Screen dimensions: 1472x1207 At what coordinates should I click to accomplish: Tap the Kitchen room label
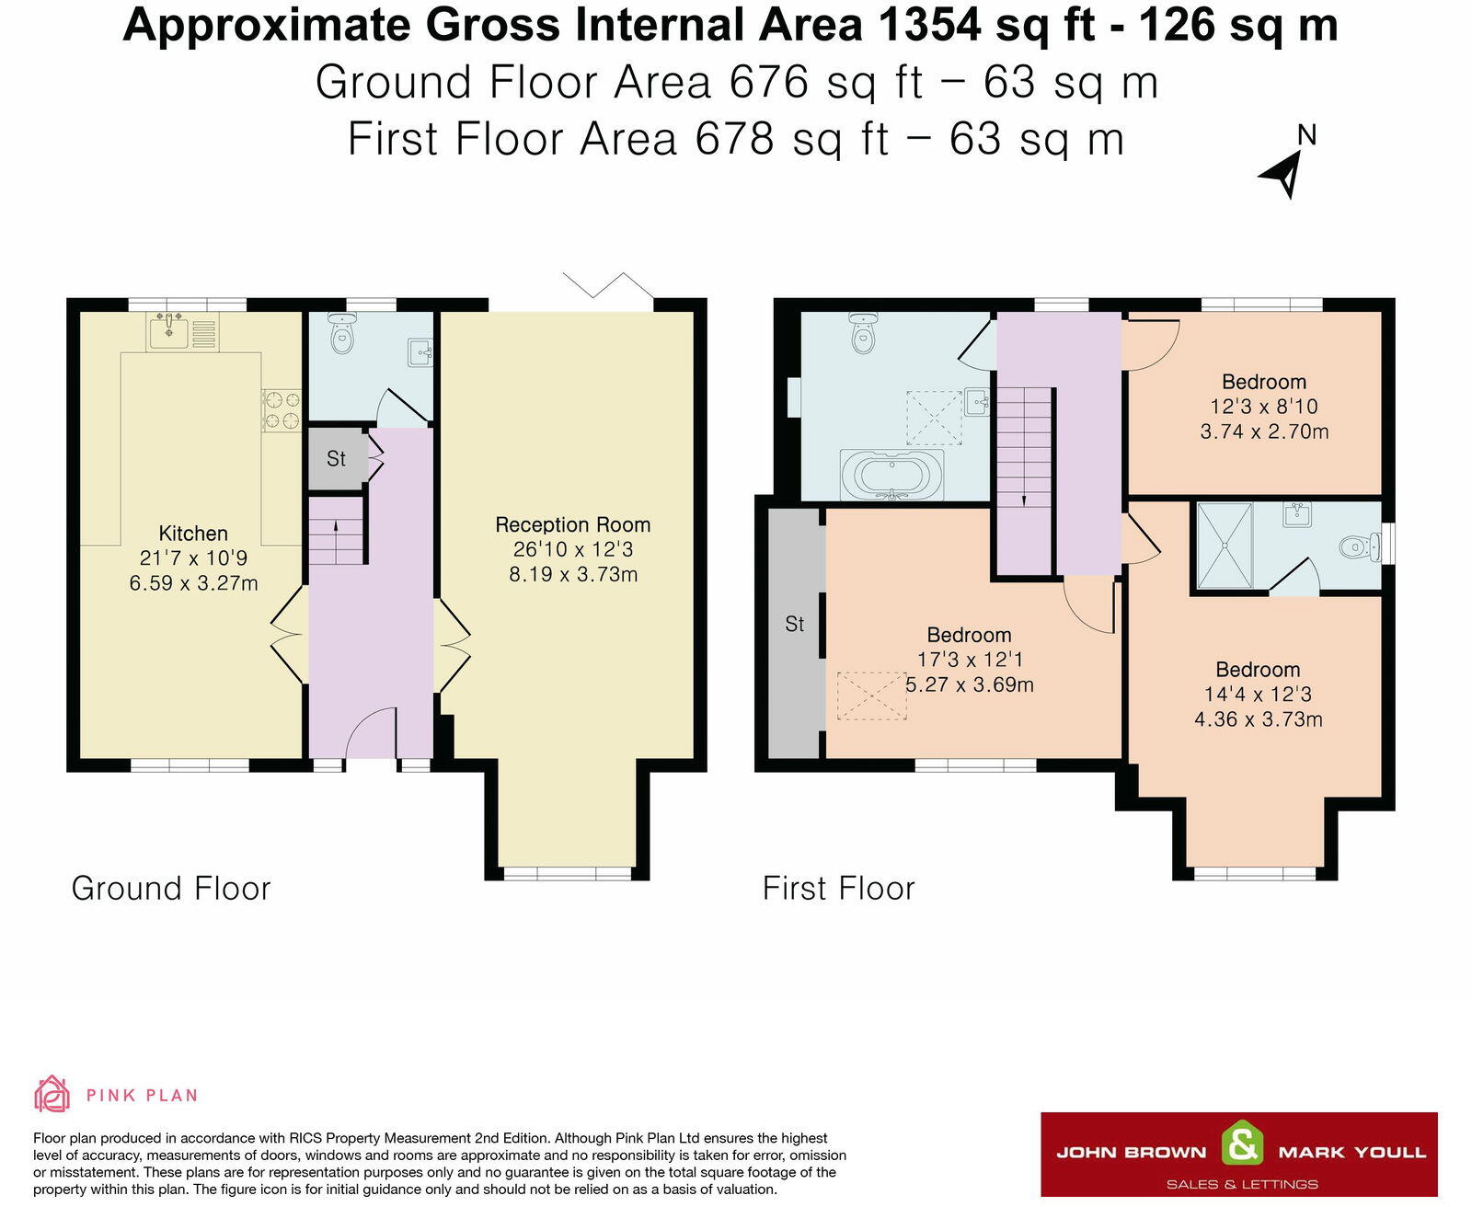click(x=193, y=534)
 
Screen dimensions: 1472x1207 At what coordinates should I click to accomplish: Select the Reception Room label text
click(x=572, y=525)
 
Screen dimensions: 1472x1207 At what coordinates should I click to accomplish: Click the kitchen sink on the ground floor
click(x=168, y=331)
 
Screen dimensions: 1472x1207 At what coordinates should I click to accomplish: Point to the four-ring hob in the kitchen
click(x=282, y=409)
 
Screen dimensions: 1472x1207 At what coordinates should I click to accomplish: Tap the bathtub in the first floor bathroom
click(x=892, y=477)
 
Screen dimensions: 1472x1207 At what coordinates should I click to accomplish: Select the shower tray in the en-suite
click(x=1225, y=546)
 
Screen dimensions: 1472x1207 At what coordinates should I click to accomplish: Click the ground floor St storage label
click(x=337, y=459)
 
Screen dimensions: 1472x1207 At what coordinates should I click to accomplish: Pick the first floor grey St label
click(x=794, y=624)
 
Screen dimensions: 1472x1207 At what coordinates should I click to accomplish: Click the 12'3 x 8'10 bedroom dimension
click(x=1264, y=407)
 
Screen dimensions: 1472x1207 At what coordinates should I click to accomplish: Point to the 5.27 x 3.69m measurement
click(x=970, y=684)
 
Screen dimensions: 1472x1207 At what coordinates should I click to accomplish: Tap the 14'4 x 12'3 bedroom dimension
click(x=1258, y=694)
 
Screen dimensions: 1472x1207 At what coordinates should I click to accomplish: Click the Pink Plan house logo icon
click(x=52, y=1093)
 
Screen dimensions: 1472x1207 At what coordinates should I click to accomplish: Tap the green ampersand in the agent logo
click(x=1242, y=1142)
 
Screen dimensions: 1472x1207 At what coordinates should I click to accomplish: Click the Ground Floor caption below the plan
click(x=171, y=889)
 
